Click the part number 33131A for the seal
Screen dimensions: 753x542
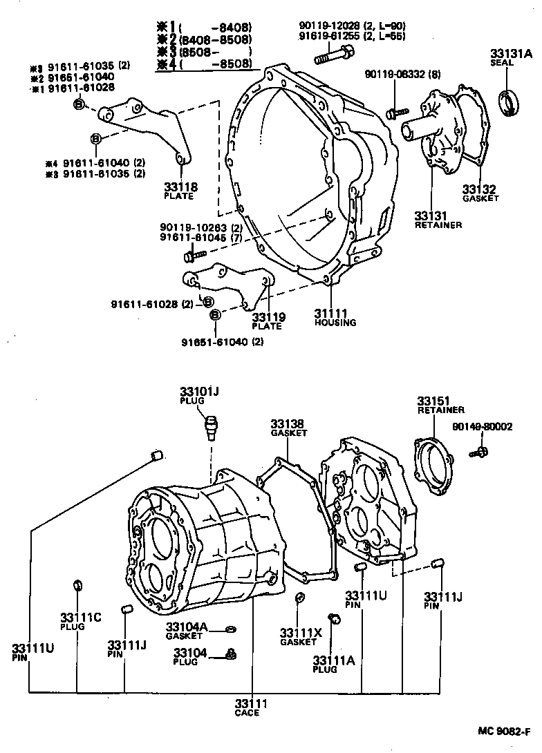point(512,53)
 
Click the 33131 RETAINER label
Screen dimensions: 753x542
point(438,219)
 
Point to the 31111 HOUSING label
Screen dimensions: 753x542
point(335,317)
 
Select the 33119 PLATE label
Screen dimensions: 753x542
point(268,321)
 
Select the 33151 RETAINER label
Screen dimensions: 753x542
point(440,405)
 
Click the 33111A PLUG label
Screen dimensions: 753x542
point(333,663)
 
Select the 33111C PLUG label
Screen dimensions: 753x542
point(81,621)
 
